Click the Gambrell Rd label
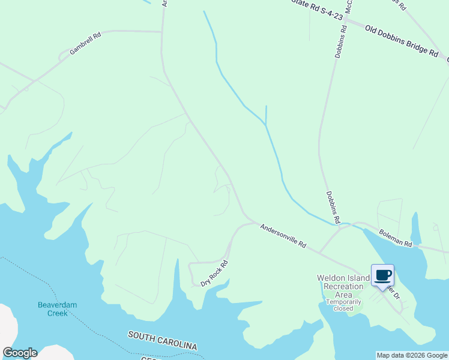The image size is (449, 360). pos(85,44)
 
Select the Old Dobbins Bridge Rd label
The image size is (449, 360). pos(394,40)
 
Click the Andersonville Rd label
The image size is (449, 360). pos(283,236)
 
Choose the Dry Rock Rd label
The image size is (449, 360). pos(215,273)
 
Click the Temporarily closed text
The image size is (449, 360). pos(343,305)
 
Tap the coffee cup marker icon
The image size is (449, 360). pos(383,275)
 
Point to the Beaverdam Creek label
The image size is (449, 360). pos(58,309)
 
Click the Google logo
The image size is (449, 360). pos(20,353)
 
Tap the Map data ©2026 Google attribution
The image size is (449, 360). pos(411,355)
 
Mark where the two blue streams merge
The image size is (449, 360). pos(265,125)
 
